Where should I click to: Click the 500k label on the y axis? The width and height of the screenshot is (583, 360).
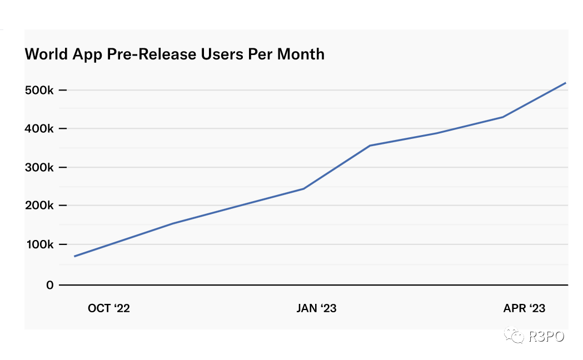point(39,91)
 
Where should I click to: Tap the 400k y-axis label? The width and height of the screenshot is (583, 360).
point(39,129)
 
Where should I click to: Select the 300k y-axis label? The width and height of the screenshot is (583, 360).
point(39,168)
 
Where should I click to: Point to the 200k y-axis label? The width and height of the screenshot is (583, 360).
point(39,206)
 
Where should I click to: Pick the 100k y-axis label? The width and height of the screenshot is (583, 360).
point(40,245)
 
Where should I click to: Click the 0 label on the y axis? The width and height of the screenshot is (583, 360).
point(50,286)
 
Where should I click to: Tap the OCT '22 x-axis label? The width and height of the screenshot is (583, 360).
point(109,308)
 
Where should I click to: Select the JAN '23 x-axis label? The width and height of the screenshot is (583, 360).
point(316,308)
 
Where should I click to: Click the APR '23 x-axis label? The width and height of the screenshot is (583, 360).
point(524,308)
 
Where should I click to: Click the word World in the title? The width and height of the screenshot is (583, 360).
point(47,54)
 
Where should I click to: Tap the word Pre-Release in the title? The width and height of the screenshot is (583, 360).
point(151,54)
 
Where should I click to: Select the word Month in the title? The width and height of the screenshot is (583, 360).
point(301,54)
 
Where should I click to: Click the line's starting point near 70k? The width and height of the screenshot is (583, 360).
point(74,256)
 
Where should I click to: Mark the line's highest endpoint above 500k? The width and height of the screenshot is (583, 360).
point(566,83)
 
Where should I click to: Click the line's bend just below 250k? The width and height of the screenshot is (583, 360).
point(304,189)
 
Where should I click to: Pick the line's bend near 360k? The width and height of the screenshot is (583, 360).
point(370,146)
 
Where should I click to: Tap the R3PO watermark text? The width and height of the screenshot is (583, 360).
point(546,337)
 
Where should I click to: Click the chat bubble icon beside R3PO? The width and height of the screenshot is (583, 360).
point(514,335)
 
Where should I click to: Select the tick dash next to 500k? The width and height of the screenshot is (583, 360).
point(63,91)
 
